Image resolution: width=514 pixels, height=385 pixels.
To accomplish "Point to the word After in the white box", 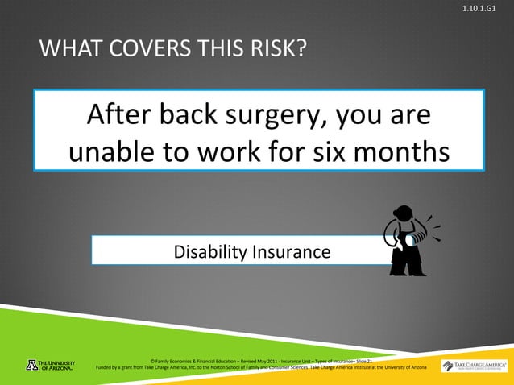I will coord(119,117).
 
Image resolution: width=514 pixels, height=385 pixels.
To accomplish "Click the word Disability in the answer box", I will coord(212,253).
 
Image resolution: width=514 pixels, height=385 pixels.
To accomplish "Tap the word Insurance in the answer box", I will coord(292,253).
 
